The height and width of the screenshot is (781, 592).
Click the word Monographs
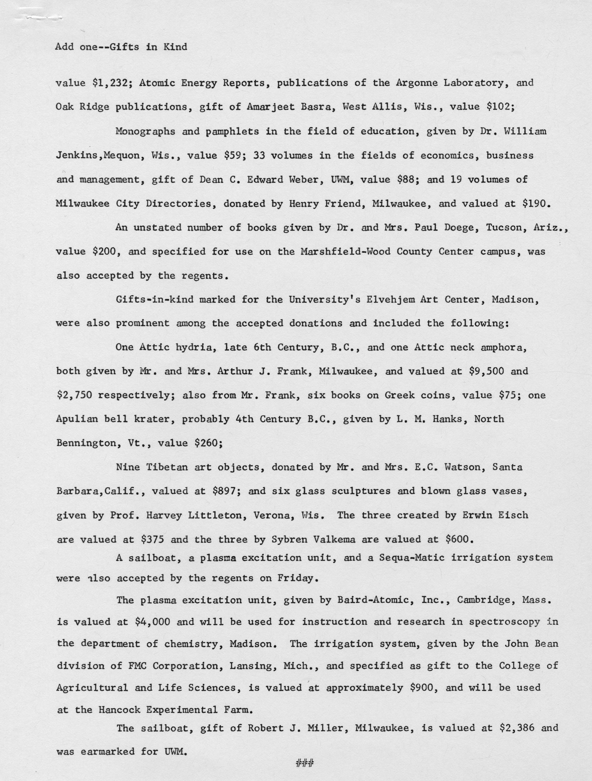click(145, 131)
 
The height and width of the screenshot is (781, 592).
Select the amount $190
click(536, 203)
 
